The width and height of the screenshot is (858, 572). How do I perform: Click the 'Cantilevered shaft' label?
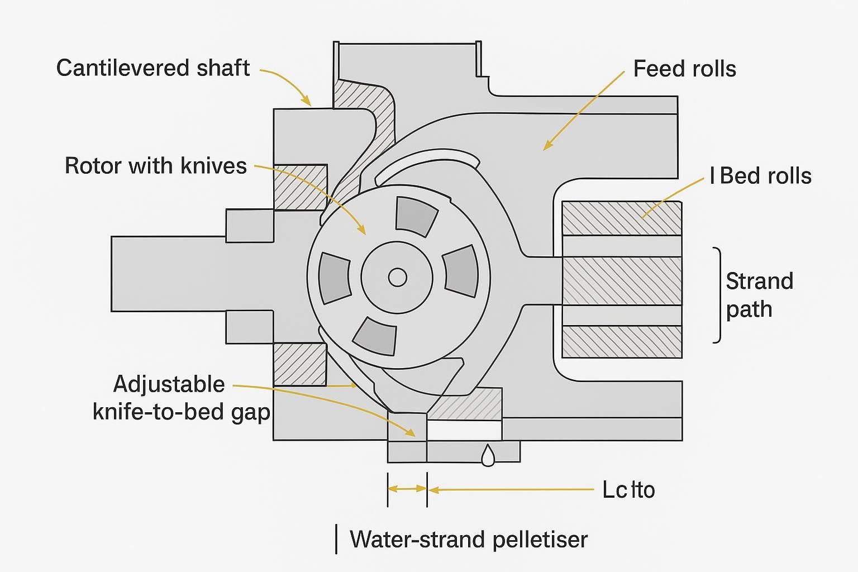point(153,68)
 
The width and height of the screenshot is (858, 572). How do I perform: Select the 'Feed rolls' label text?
point(684,69)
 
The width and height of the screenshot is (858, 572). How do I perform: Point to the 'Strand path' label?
point(759,294)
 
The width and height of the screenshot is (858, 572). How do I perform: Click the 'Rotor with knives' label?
point(156,166)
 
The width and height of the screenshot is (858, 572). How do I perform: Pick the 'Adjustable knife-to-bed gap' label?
point(180,398)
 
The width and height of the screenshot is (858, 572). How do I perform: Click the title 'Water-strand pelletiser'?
point(468,540)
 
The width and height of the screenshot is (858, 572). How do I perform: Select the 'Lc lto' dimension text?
point(628,490)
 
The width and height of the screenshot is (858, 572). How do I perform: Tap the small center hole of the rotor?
point(397,277)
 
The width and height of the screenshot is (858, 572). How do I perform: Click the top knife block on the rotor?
point(416,216)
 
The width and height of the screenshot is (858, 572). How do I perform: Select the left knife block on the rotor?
point(335,278)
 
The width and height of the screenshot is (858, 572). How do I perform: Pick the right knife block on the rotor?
point(461,272)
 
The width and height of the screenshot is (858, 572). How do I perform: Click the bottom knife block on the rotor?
point(375,336)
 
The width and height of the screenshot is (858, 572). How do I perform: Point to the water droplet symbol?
point(488,455)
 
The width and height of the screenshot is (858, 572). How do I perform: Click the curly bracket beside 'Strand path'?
point(717,294)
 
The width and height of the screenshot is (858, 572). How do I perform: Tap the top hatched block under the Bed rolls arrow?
point(621,218)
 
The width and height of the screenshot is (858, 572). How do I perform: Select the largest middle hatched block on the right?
point(621,280)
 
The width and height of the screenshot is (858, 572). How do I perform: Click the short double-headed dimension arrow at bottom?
point(407,489)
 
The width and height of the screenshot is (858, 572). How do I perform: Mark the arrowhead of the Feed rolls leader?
point(546,148)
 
